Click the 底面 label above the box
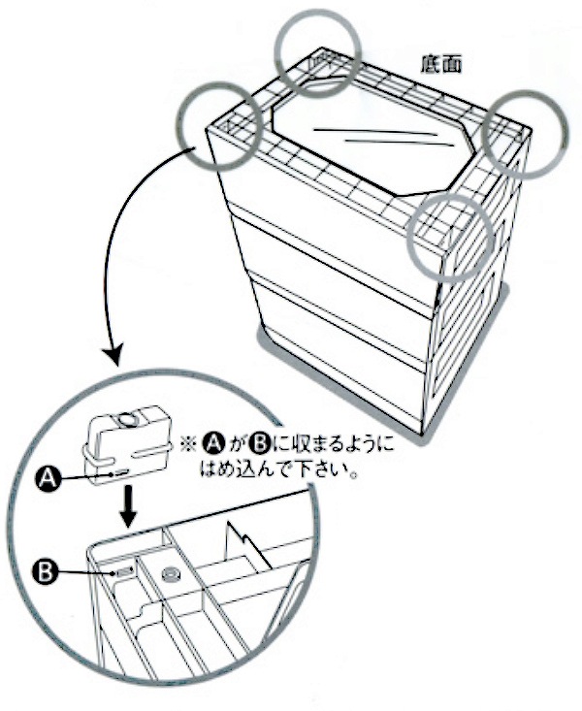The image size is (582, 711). [x=440, y=65]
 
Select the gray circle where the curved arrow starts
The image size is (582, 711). [x=221, y=123]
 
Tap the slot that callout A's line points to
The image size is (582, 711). [x=120, y=470]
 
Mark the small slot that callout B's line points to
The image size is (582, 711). [x=122, y=573]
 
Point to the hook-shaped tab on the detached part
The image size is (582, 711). [x=92, y=456]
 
